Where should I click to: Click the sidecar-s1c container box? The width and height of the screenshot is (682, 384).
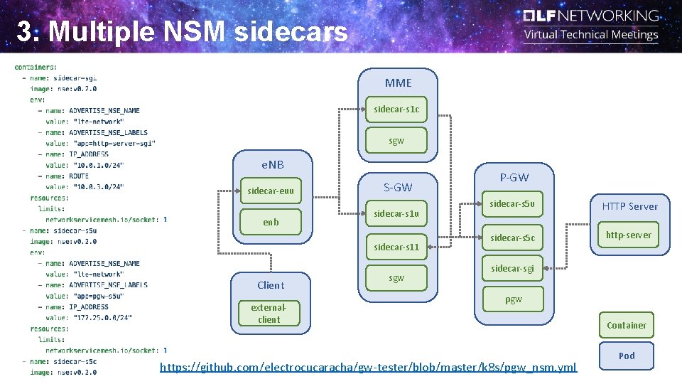click(x=396, y=110)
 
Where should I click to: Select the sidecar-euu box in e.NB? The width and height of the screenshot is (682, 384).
click(x=271, y=191)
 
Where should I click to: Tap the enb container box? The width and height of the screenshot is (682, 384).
click(x=271, y=222)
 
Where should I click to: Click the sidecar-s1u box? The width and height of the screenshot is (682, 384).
click(x=396, y=213)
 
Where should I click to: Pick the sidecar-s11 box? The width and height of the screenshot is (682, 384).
click(x=396, y=247)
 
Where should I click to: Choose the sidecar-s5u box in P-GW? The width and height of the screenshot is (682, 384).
click(x=512, y=204)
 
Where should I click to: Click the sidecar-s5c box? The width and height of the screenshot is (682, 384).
click(x=512, y=238)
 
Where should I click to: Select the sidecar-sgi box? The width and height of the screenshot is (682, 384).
click(x=512, y=268)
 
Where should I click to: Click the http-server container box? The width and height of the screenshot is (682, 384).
click(x=628, y=235)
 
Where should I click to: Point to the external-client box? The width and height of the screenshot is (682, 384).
click(x=269, y=314)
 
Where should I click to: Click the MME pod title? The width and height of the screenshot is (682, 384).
click(x=398, y=82)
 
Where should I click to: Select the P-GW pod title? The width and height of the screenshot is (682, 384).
click(x=514, y=177)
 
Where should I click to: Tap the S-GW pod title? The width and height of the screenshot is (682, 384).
click(x=398, y=188)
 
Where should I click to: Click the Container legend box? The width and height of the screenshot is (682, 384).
click(x=626, y=325)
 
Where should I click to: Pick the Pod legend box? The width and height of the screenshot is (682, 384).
click(x=626, y=356)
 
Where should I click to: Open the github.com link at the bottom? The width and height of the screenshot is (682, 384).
click(x=369, y=367)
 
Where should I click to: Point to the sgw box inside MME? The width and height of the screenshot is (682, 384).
click(x=396, y=141)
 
